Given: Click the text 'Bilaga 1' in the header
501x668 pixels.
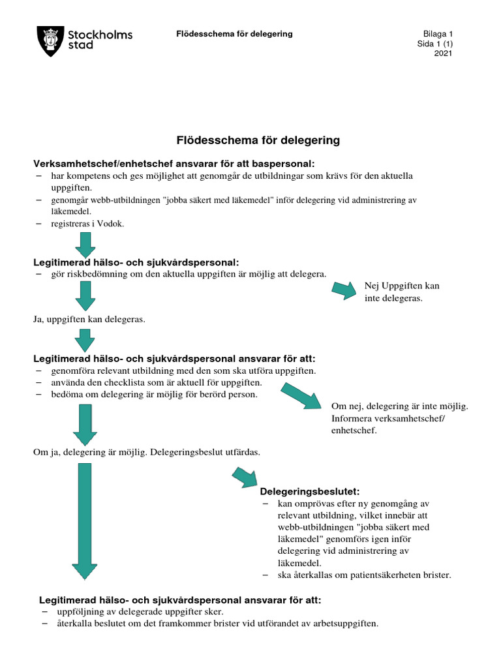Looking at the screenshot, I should coord(438,34).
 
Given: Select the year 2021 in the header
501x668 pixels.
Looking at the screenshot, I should coord(444,53).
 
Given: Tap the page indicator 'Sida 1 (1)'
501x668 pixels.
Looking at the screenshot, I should coord(435,44).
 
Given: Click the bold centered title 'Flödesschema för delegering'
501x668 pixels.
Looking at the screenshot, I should coord(258,140).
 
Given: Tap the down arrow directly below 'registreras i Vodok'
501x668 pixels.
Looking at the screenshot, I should coord(85,245).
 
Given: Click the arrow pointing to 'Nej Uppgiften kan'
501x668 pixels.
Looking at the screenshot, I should coord(348,290).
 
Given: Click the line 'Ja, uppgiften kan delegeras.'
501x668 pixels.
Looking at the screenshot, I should coord(89,320).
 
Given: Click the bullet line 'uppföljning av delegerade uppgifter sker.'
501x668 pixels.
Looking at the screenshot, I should coord(140,612).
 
